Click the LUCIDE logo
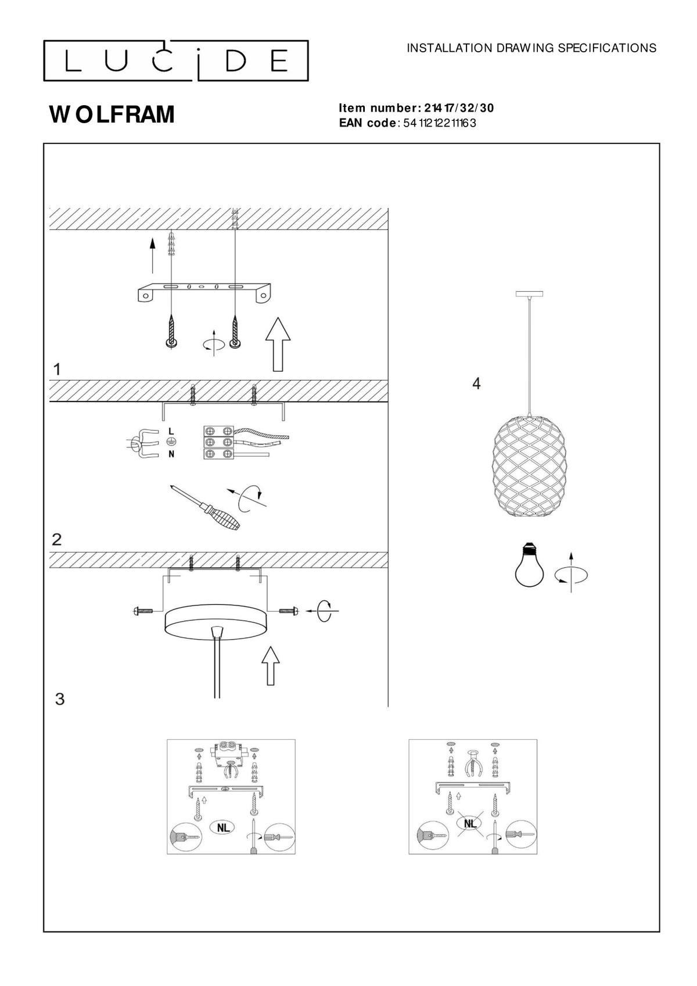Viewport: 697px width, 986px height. pyautogui.click(x=175, y=61)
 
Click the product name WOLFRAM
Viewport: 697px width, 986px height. pyautogui.click(x=112, y=114)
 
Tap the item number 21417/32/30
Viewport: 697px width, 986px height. pyautogui.click(x=459, y=108)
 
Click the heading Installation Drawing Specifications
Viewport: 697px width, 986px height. pyautogui.click(x=531, y=48)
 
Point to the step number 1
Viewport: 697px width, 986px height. pyautogui.click(x=57, y=370)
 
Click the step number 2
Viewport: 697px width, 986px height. pyautogui.click(x=57, y=539)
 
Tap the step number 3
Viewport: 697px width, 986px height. pyautogui.click(x=60, y=698)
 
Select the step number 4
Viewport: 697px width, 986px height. pyautogui.click(x=476, y=383)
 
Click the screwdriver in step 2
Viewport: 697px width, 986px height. pyautogui.click(x=204, y=507)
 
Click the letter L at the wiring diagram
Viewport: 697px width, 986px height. pyautogui.click(x=171, y=431)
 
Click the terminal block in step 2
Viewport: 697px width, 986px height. pyautogui.click(x=218, y=442)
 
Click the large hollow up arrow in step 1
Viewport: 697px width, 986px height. pyautogui.click(x=278, y=344)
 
